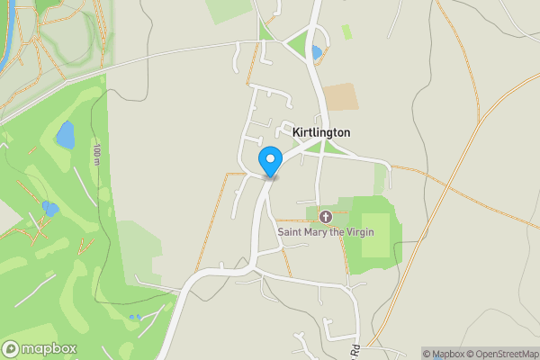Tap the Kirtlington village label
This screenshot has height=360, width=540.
click(321, 132)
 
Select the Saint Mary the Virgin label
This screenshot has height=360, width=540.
click(326, 232)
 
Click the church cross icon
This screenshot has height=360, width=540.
click(326, 217)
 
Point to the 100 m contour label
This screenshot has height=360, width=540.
click(96, 154)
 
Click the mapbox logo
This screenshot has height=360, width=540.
click(40, 348)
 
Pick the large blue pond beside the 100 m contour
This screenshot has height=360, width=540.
click(65, 135)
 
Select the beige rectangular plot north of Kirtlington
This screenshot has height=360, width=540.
click(340, 97)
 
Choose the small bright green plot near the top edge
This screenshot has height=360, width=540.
click(346, 31)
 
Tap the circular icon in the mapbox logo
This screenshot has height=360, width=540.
click(11, 348)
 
